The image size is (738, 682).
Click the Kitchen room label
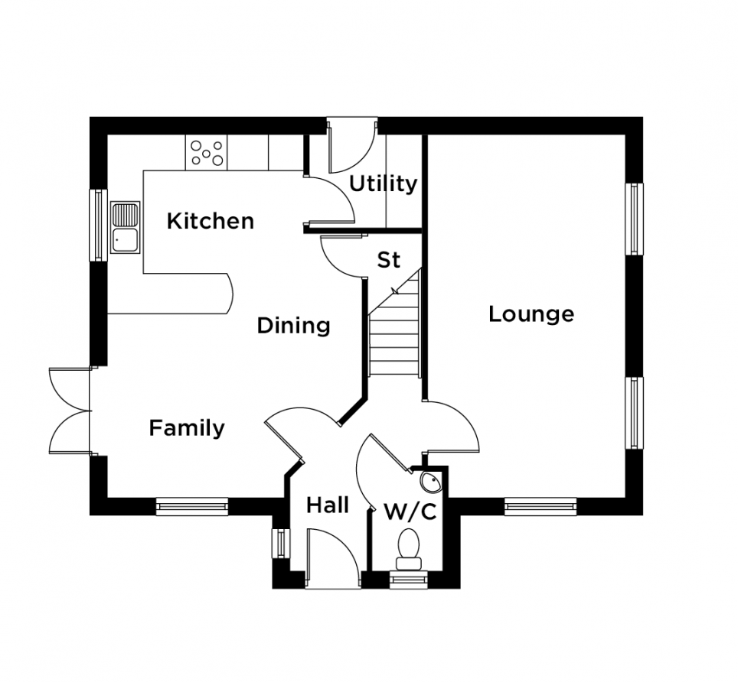(x=211, y=221)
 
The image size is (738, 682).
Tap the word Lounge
(x=531, y=314)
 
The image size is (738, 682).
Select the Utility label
(x=383, y=183)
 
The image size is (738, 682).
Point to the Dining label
(x=294, y=326)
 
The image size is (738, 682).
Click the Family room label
(x=187, y=428)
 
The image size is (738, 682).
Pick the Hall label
(x=328, y=505)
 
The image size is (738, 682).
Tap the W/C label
(x=410, y=511)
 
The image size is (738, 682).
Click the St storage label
(x=389, y=260)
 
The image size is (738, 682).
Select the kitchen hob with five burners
(x=207, y=152)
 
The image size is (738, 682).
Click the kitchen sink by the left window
(x=126, y=228)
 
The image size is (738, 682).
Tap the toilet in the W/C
(x=408, y=550)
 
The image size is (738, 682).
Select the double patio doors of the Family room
(x=70, y=411)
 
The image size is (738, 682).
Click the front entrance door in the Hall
(x=333, y=558)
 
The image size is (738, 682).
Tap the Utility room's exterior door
(x=352, y=147)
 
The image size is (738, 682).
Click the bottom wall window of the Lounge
(x=540, y=506)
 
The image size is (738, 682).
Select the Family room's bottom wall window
(x=192, y=506)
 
